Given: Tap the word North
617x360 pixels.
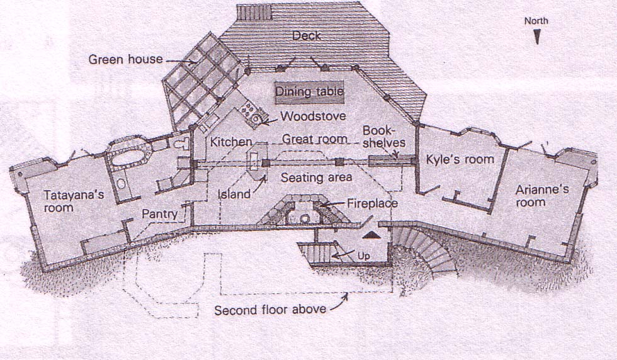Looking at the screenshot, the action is coord(536,21).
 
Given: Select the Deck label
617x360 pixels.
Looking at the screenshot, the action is coord(307,36).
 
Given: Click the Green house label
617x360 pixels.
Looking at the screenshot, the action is coord(125,60).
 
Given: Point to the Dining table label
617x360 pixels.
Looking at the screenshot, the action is coord(309,93).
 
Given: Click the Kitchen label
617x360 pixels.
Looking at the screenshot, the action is coord(231,142).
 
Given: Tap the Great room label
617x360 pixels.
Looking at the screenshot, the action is coord(315,138).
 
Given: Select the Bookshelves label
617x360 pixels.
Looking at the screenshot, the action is coord(383,137).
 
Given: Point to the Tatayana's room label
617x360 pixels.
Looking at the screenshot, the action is coord(67,201).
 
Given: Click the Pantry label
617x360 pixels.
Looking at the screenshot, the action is coord(159,214).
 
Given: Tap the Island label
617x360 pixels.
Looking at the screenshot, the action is coord(234,194).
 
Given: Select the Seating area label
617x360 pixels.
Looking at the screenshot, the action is coord(316,177).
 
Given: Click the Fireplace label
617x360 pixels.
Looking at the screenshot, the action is coord(372,204).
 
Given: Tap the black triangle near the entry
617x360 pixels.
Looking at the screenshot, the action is coord(372,234).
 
